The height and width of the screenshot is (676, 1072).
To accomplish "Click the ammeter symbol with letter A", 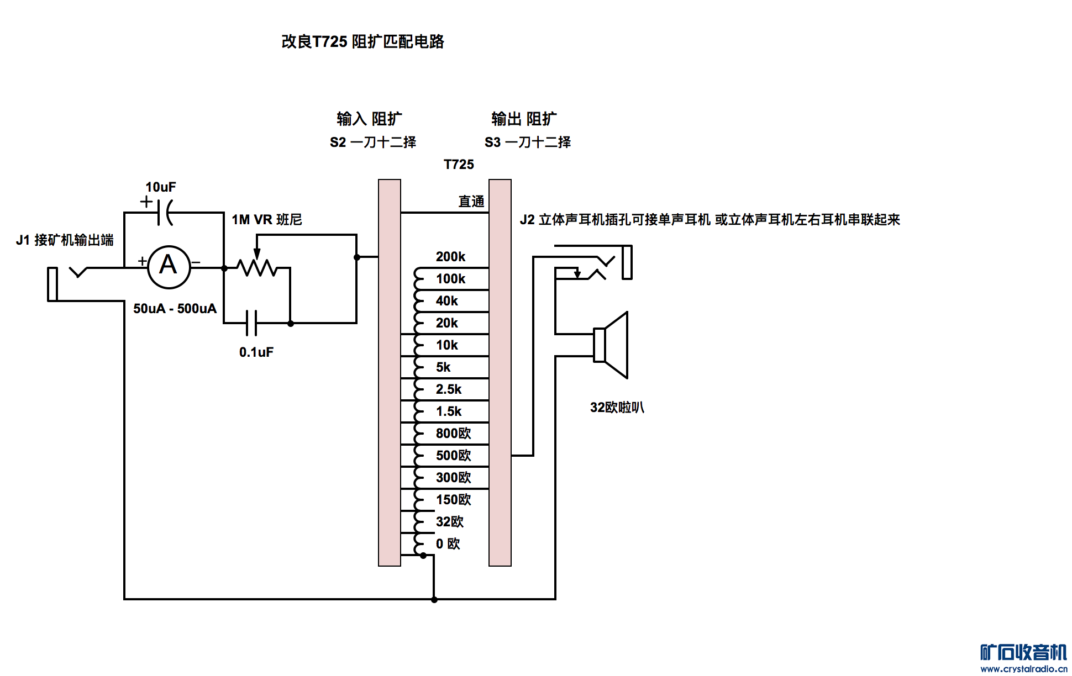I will tap(169, 267).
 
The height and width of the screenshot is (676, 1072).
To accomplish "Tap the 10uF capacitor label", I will tap(160, 187).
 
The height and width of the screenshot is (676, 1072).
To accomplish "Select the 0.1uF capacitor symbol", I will tap(251, 323).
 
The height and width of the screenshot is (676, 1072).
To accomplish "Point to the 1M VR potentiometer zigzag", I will tap(256, 268).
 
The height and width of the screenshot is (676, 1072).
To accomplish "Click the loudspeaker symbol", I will tap(612, 345).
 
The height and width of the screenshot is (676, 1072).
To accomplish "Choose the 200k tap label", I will tap(450, 257).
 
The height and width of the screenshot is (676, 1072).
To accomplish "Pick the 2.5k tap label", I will tap(448, 389).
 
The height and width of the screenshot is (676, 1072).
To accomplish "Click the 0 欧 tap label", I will tap(448, 544).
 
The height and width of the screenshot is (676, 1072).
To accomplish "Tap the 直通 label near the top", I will tap(471, 202).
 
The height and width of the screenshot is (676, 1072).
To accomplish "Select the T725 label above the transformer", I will tap(459, 165).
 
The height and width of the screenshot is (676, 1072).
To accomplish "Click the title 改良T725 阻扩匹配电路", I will tap(362, 41).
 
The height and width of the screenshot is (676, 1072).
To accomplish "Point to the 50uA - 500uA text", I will tap(175, 309).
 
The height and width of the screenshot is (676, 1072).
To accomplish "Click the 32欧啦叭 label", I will tap(617, 408).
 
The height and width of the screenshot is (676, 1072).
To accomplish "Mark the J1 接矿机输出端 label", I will tap(65, 240).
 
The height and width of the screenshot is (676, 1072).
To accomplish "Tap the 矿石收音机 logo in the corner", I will tap(1023, 652).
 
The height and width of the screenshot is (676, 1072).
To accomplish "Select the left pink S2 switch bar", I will tap(390, 373).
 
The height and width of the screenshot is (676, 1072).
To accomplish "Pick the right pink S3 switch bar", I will tap(500, 373).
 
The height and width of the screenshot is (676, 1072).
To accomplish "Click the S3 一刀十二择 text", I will tap(527, 142).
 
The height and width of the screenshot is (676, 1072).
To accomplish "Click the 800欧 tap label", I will tap(453, 434).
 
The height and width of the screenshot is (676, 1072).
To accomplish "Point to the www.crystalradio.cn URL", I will tap(1023, 669).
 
